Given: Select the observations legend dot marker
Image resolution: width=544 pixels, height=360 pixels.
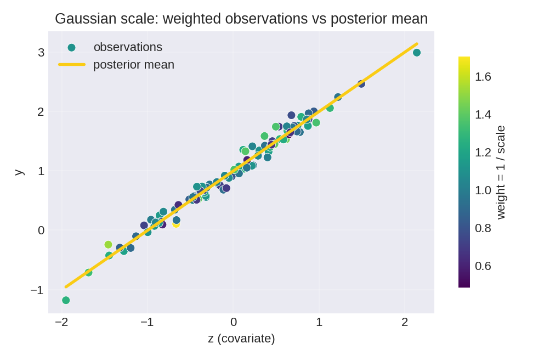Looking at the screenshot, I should (71, 48).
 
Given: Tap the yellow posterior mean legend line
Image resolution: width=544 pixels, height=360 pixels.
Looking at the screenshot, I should (72, 65).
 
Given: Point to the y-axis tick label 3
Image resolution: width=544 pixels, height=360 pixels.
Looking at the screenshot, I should (41, 53).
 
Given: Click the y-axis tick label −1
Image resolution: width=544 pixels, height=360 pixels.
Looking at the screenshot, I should (37, 290).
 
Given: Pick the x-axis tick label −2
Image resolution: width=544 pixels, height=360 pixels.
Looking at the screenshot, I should (61, 322).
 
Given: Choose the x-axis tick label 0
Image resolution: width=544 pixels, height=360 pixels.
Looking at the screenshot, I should (234, 322).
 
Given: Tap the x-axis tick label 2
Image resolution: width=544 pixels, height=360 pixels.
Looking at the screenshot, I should (405, 322).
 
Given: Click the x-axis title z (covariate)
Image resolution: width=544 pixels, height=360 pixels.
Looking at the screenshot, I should (241, 339).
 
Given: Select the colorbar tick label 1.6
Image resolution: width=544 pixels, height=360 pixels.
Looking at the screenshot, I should (483, 77).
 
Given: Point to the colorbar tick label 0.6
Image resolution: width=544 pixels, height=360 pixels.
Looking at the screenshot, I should (483, 266).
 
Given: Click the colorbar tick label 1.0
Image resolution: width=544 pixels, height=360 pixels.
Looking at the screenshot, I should (483, 190).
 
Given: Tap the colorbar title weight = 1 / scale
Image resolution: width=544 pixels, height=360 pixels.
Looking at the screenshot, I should (500, 172).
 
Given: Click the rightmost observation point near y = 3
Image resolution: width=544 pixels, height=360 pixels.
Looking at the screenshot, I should (417, 53).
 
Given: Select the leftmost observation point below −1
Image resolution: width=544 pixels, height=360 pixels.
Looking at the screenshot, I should (66, 300).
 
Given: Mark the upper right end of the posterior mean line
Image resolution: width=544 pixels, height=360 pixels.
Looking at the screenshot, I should (417, 44).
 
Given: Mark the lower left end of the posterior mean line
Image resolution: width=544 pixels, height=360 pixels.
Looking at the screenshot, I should (66, 286).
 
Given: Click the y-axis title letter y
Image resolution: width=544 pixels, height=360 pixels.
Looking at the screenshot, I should (18, 172).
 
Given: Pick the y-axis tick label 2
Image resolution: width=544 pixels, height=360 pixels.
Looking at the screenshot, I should (41, 112).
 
